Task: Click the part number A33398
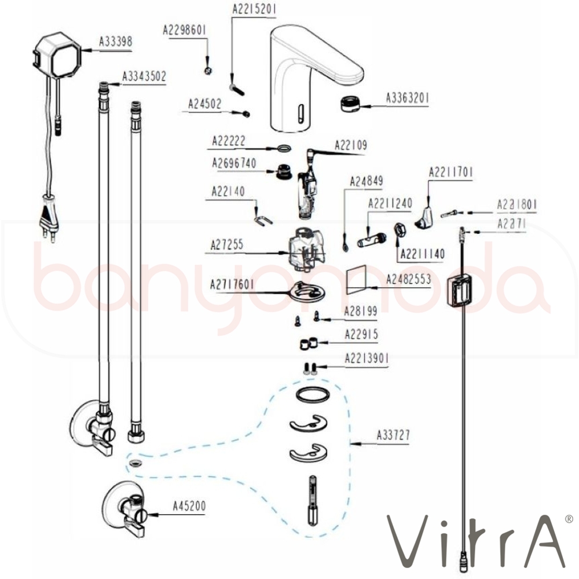click(x=116, y=42)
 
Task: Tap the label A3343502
click(x=144, y=76)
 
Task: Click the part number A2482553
click(x=409, y=279)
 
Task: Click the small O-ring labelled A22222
click(x=283, y=149)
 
